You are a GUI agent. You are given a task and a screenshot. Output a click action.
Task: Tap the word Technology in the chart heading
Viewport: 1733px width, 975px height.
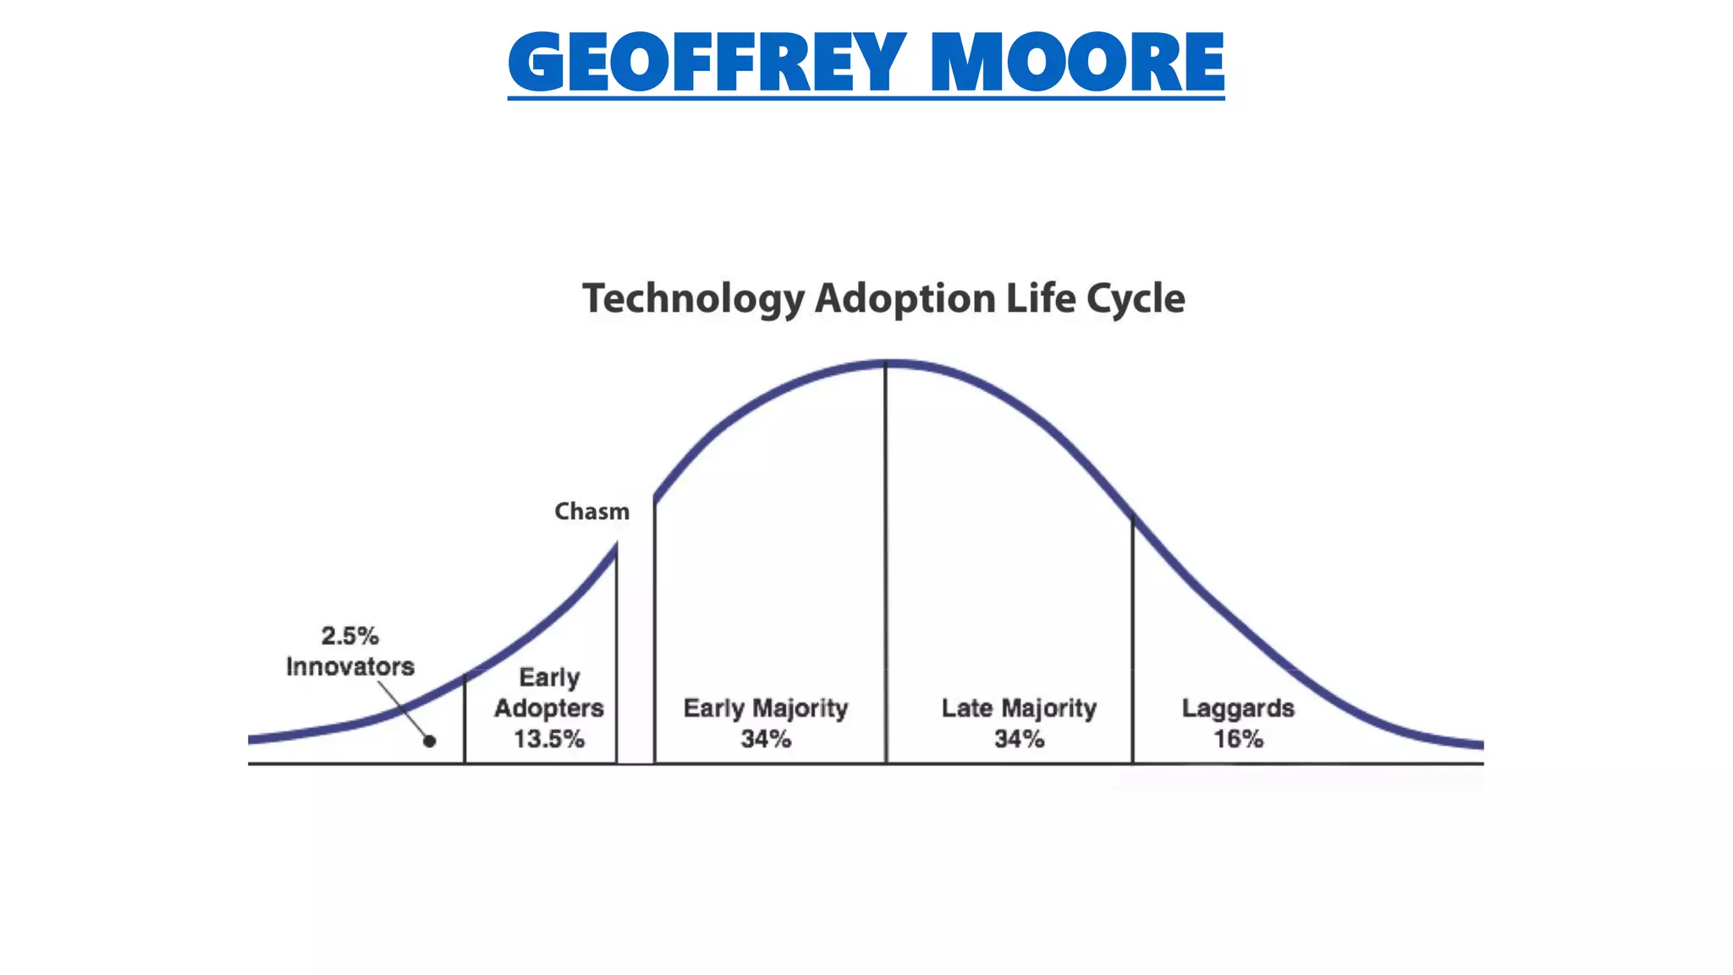coord(693,299)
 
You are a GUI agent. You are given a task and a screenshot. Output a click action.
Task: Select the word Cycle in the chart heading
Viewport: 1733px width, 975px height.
coord(1135,299)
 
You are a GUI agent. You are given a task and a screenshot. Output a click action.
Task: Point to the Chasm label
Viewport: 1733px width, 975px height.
coord(591,511)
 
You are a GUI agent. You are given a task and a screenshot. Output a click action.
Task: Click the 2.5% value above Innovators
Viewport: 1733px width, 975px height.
coord(349,636)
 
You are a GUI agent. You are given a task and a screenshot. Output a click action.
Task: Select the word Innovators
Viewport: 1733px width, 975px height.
coord(349,667)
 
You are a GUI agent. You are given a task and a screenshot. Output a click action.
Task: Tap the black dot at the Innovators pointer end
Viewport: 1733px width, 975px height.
coord(430,741)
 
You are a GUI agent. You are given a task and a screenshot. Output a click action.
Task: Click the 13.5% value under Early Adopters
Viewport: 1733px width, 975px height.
coord(548,739)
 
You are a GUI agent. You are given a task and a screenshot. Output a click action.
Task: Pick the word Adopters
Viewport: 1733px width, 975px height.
coord(548,708)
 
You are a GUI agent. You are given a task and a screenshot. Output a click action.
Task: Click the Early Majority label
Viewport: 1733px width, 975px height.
coord(765,708)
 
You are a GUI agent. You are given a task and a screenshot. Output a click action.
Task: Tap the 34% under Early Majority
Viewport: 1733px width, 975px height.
coord(765,739)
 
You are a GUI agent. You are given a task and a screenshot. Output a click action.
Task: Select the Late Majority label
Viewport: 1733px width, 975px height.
coord(1019,708)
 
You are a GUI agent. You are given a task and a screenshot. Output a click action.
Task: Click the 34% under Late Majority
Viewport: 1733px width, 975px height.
coord(1019,739)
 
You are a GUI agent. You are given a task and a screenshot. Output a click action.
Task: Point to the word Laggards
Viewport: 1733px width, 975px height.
coord(1238,708)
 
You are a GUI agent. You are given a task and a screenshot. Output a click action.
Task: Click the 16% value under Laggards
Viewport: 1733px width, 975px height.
coord(1238,739)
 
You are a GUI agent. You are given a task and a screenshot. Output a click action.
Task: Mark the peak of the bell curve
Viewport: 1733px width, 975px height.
coord(887,364)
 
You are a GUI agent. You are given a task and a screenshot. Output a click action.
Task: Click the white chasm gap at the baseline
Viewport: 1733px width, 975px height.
coord(635,753)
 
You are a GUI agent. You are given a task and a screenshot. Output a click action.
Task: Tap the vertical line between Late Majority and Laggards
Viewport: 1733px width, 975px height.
coord(1133,643)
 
